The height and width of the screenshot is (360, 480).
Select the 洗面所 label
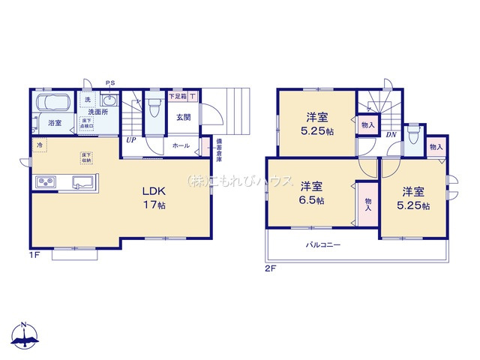(94, 112)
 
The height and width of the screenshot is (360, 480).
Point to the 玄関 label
(183, 117)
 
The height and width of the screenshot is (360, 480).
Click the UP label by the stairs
(131, 139)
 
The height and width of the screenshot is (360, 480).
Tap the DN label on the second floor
(391, 135)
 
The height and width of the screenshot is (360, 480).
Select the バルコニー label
(323, 245)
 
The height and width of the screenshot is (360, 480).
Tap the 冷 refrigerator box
(37, 144)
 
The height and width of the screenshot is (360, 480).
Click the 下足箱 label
(177, 96)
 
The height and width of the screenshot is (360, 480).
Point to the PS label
(109, 82)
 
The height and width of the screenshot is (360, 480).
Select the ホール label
(180, 145)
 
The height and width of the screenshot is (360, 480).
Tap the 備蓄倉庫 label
(219, 149)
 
